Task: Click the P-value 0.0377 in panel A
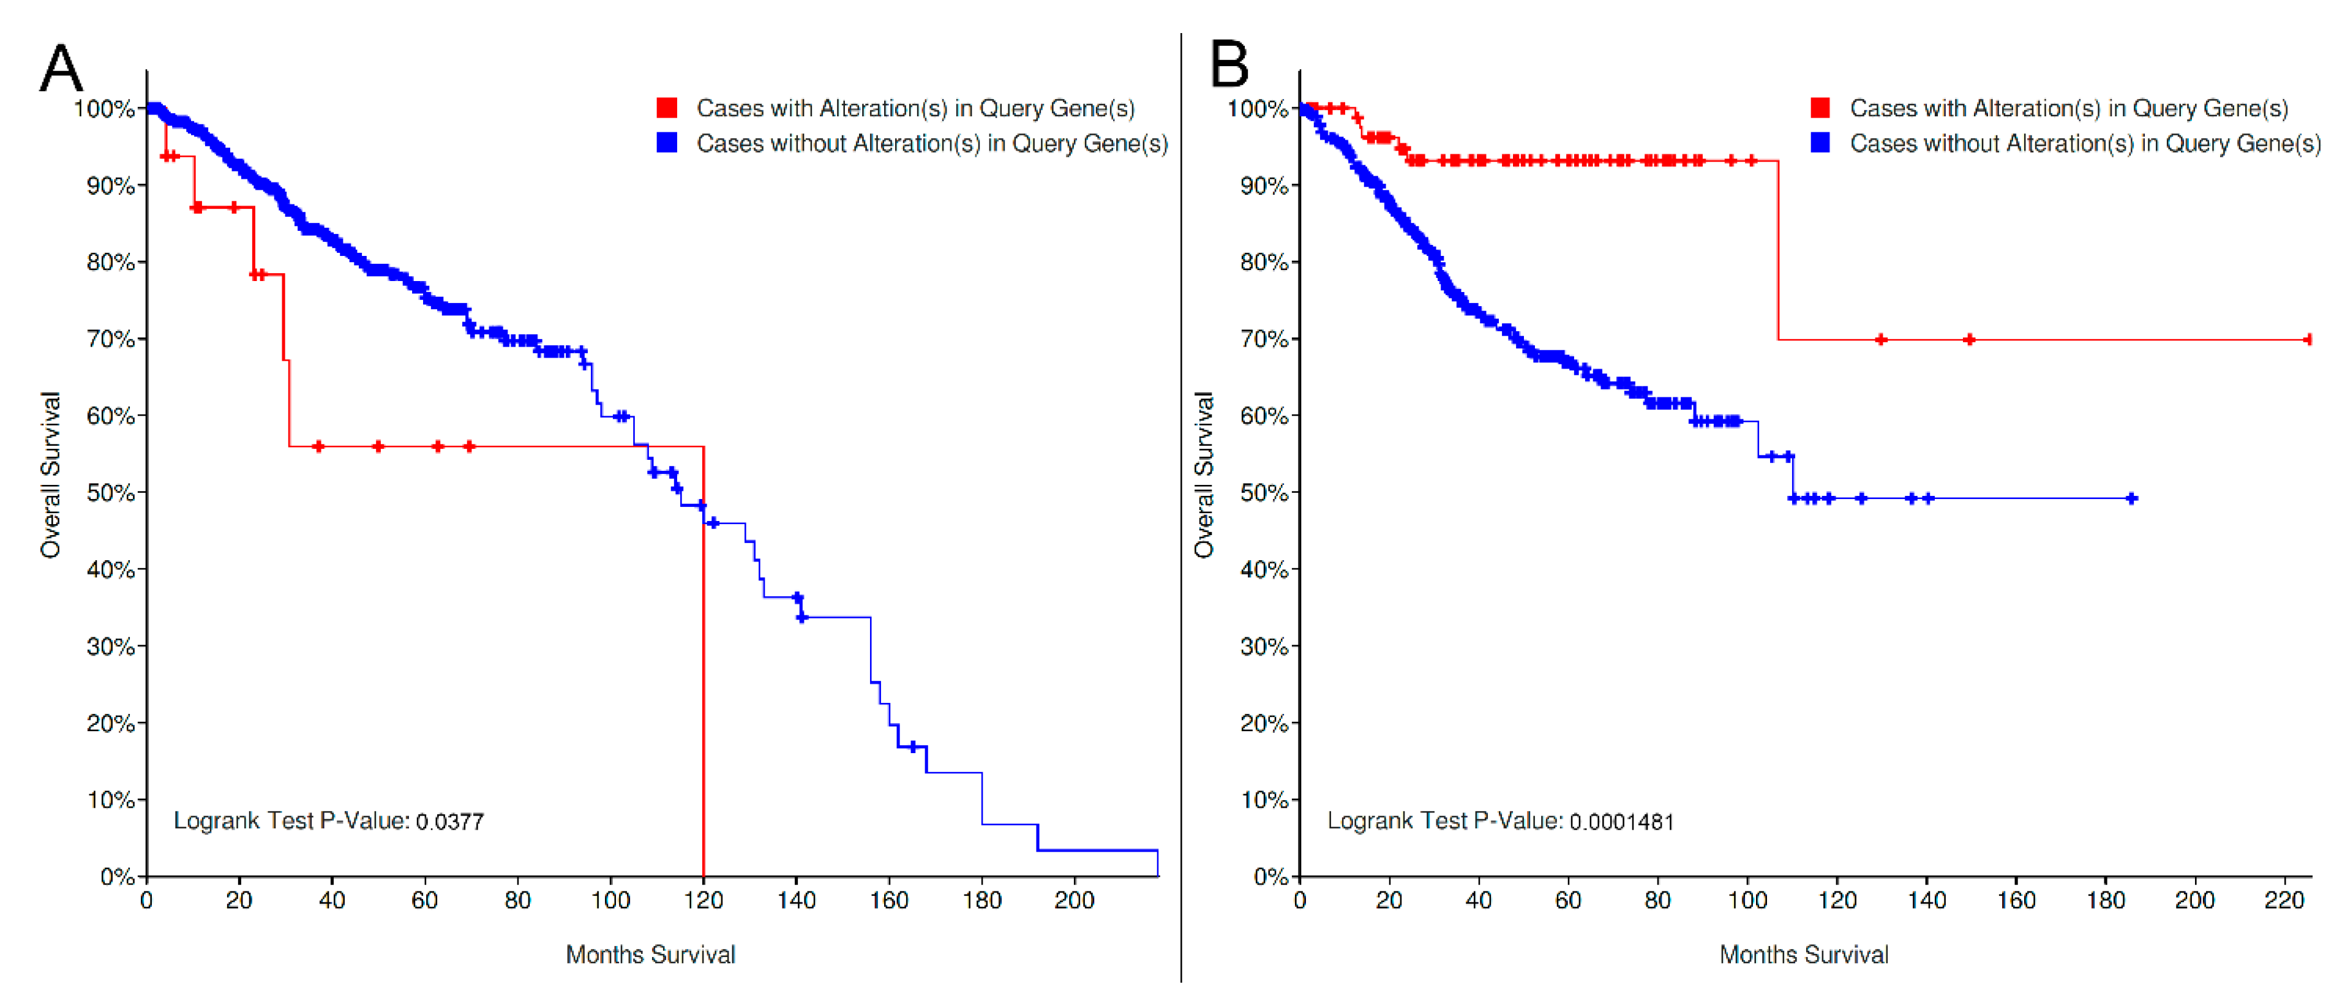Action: [449, 821]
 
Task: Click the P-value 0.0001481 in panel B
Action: [1621, 821]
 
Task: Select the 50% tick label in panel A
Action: [110, 493]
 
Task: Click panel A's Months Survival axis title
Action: [650, 955]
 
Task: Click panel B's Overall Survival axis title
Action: [1204, 475]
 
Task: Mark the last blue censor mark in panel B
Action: [2131, 498]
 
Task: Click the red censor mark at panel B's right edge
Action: [2308, 340]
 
